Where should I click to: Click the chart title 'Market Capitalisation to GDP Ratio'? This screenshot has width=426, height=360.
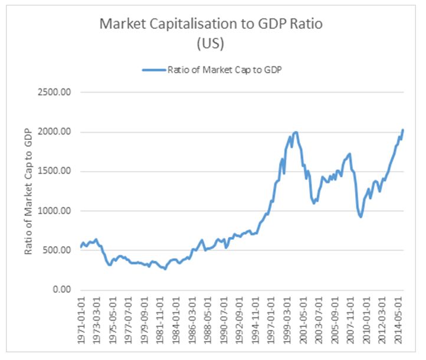(x=212, y=24)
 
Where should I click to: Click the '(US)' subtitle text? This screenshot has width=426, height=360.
(x=212, y=44)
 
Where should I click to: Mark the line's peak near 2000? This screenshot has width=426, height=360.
(x=296, y=132)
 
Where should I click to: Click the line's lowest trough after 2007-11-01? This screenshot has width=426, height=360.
(x=361, y=217)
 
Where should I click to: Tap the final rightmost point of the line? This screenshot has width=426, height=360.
(x=402, y=130)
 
